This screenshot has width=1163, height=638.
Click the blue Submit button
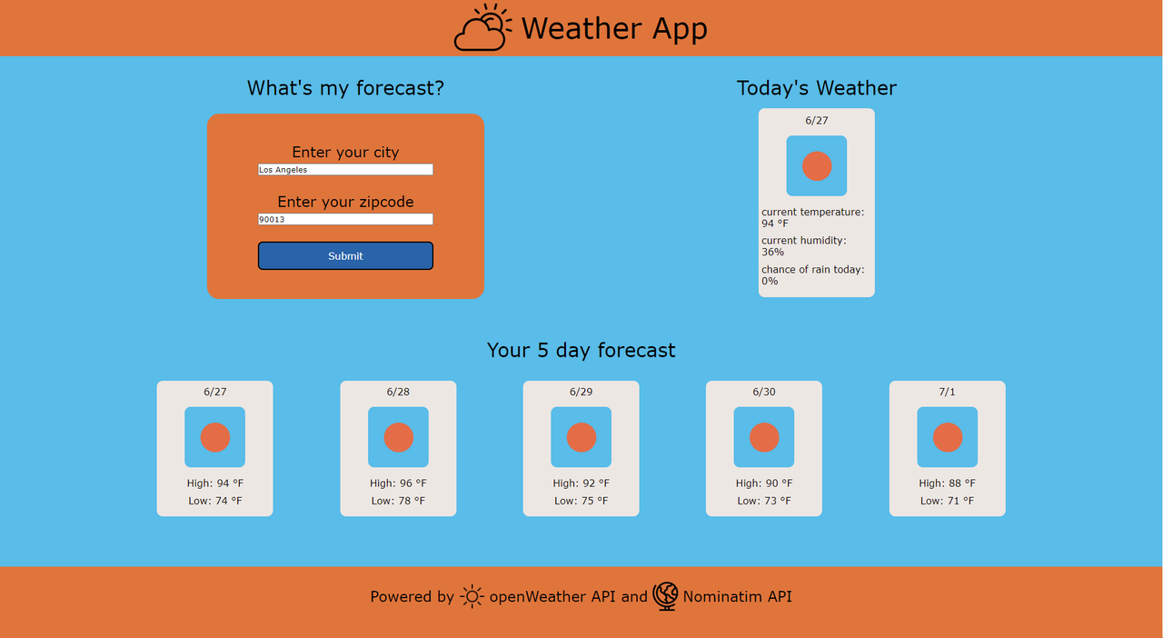345,255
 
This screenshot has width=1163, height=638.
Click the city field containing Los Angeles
345,170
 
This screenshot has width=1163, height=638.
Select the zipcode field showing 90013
345,219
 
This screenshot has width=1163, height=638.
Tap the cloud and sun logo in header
482,28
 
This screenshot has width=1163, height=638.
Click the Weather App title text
614,28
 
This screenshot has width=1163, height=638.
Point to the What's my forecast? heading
345,88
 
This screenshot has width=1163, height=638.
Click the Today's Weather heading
816,88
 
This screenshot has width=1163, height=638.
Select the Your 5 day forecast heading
581,350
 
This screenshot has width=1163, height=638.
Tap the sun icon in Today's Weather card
816,166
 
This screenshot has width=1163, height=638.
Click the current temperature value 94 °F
775,224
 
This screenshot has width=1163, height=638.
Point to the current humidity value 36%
772,253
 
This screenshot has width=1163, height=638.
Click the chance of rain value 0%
770,282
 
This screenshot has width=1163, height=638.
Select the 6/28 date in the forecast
398,392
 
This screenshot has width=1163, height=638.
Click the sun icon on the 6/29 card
581,437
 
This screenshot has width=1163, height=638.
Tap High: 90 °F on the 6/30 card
764,483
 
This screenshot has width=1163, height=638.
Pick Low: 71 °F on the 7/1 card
947,501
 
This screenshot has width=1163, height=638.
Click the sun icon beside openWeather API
472,596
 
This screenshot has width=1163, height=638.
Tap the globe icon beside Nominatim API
665,596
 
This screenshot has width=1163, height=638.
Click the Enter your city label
345,152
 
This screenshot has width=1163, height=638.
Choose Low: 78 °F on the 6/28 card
398,501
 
